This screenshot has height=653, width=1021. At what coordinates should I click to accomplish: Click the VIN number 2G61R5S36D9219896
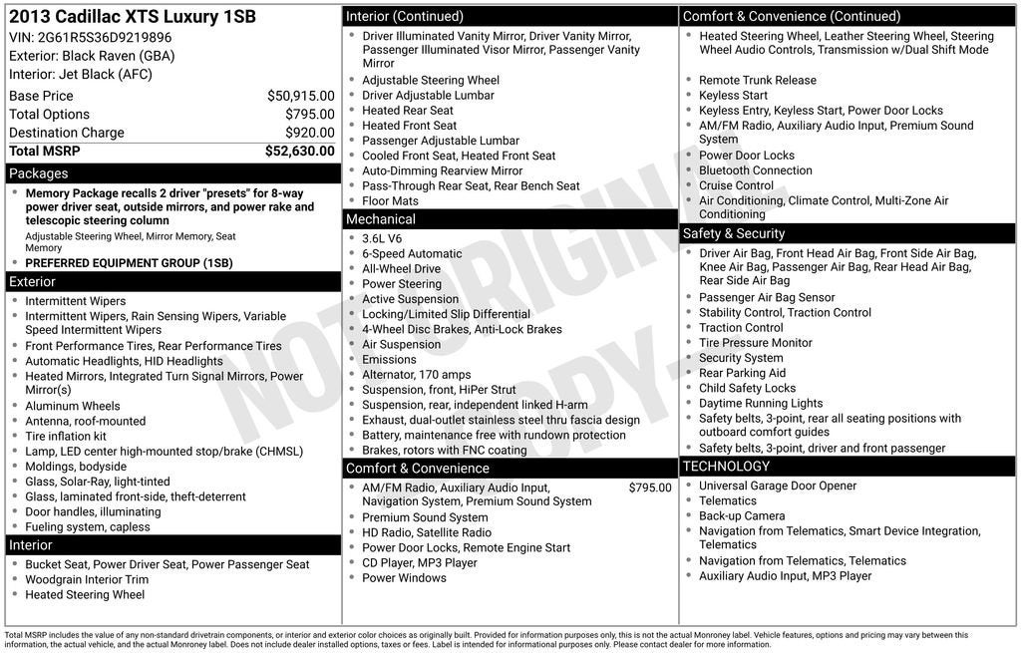coord(105,38)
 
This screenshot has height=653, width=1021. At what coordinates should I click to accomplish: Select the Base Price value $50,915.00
coord(300,96)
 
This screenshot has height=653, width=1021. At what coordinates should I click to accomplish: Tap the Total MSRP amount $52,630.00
coord(299,151)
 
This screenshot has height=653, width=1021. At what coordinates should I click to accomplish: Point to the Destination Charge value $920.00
coord(309,133)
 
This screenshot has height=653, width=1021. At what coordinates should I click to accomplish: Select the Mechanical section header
coord(510,219)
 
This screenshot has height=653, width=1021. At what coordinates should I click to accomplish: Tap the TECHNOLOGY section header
coord(848,467)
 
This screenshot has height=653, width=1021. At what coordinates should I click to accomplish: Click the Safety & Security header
coord(848,233)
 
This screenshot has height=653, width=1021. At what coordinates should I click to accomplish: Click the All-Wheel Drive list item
coord(401,269)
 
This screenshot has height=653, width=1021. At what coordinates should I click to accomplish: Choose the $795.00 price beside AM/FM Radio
coord(650,488)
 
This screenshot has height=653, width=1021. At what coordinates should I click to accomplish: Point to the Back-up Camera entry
coord(742,516)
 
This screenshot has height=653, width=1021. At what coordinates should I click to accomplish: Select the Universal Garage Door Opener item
coord(778,486)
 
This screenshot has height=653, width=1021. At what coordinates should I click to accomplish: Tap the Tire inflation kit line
coord(66,437)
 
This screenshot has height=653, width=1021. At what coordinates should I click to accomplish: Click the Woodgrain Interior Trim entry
coord(87,580)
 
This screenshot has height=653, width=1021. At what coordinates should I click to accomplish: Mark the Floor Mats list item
coord(390,201)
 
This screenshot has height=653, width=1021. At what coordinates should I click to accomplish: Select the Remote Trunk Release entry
coord(757,81)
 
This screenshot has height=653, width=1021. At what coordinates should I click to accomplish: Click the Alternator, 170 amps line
coord(416,375)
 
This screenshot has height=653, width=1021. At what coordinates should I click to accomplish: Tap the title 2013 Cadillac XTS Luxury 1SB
coord(133,17)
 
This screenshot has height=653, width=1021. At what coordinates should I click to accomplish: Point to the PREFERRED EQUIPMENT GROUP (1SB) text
coord(129,263)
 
